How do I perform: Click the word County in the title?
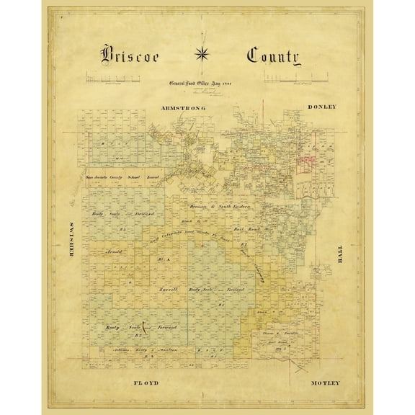click(272, 57)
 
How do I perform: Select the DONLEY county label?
click(321, 107)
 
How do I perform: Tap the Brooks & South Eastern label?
click(223, 207)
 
